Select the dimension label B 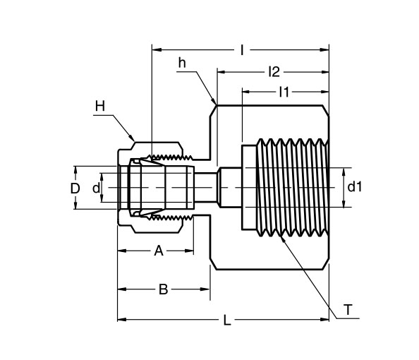(163, 289)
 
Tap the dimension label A (159, 251)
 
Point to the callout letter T (348, 309)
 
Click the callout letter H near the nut (99, 106)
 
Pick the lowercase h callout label (182, 64)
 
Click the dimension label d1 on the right (354, 187)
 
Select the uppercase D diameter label (74, 188)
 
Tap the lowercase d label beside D (96, 188)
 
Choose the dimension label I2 (274, 71)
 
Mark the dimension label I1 (284, 91)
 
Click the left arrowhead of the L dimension (121, 320)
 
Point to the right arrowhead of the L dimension (326, 320)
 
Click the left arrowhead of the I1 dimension (246, 91)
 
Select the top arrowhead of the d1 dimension (344, 171)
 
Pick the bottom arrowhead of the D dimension (75, 205)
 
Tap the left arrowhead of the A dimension (121, 251)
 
